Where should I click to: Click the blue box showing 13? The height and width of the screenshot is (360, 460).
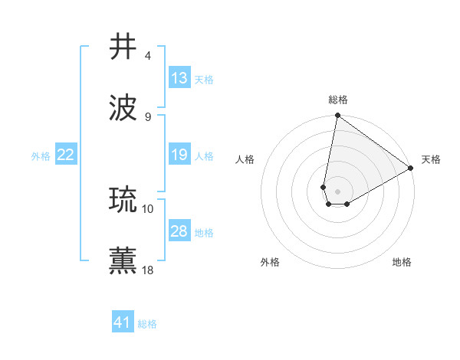179,78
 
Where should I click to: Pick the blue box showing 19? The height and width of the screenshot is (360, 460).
179,155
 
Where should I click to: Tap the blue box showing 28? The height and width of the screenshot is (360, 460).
179,231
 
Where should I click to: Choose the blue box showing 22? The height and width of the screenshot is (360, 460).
66,155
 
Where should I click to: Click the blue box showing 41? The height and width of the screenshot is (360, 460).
123,323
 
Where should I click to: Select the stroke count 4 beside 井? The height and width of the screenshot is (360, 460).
148,55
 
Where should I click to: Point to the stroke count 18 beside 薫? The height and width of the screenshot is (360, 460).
148,270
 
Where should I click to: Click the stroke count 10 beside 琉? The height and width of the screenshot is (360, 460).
148,208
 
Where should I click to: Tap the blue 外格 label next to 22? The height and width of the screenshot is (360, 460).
41,155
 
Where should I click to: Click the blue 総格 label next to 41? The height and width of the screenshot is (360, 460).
147,324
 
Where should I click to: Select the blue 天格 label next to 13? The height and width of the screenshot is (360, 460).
203,79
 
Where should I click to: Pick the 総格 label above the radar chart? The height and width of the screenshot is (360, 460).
337,100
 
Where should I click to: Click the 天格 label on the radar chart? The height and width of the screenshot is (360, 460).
431,159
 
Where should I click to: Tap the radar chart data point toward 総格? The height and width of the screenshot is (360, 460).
337,116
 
